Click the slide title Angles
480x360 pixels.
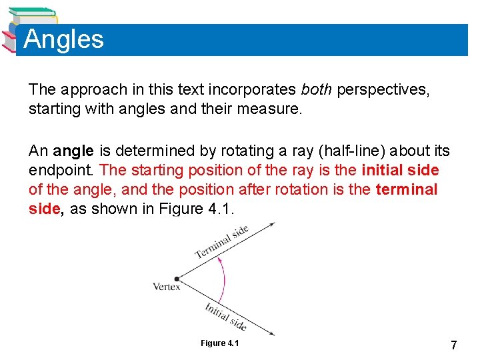click(64, 39)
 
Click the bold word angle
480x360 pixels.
click(73, 151)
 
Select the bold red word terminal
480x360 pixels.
click(407, 190)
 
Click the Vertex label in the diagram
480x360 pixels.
click(167, 287)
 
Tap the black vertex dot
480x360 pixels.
click(177, 279)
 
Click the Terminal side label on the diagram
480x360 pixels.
click(221, 242)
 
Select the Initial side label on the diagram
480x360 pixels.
click(225, 316)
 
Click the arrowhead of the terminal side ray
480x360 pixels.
click(271, 225)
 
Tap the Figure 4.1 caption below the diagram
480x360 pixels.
click(219, 343)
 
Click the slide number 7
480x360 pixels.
click(453, 345)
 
